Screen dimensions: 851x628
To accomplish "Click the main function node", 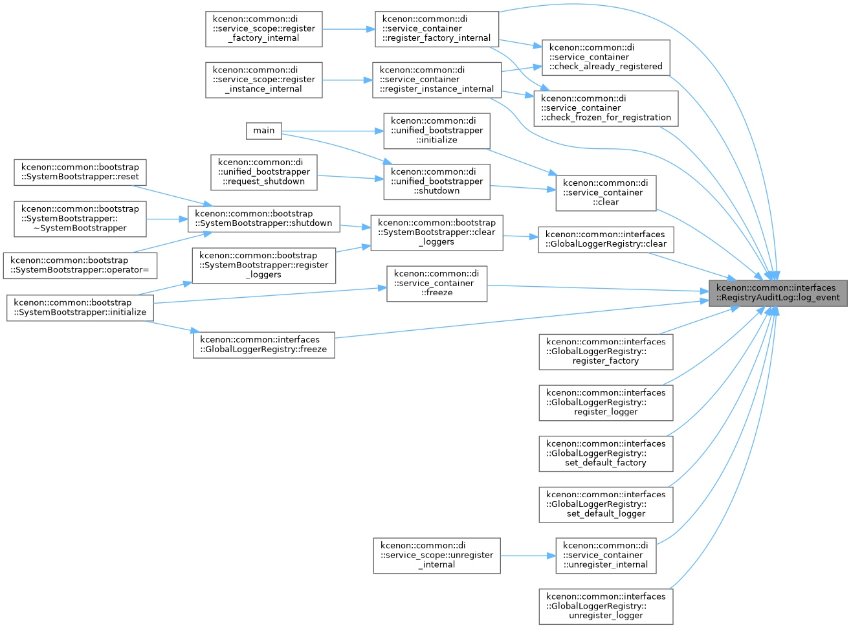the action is pyautogui.click(x=264, y=131).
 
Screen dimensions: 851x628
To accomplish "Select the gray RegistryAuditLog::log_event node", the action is pyautogui.click(x=778, y=293).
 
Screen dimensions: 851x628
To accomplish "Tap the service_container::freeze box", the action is pyautogui.click(x=437, y=284).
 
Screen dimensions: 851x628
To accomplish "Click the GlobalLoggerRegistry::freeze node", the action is pyautogui.click(x=264, y=345).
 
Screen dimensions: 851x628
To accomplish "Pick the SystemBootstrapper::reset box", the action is pyautogui.click(x=80, y=173).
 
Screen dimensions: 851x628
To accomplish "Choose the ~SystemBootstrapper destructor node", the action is pyautogui.click(x=80, y=219).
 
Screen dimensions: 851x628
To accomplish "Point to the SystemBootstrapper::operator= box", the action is pyautogui.click(x=80, y=265).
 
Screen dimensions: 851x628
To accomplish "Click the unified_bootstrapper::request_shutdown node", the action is pyautogui.click(x=264, y=173).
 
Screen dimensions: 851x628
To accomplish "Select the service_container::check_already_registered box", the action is pyautogui.click(x=606, y=58).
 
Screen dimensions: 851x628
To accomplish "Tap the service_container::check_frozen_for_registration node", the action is pyautogui.click(x=606, y=109).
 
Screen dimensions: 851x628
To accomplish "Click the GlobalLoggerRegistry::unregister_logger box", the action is pyautogui.click(x=606, y=607).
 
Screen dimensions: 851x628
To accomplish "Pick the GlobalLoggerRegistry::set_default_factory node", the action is pyautogui.click(x=606, y=454).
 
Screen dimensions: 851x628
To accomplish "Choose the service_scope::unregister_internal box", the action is pyautogui.click(x=437, y=555).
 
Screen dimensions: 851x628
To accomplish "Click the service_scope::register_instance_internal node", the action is pyautogui.click(x=264, y=80).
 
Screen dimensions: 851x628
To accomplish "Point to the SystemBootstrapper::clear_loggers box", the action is pyautogui.click(x=437, y=233).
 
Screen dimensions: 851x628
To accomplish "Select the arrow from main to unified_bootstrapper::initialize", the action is pyautogui.click(x=333, y=131).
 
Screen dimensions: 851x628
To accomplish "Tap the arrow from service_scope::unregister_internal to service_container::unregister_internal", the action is pyautogui.click(x=528, y=555).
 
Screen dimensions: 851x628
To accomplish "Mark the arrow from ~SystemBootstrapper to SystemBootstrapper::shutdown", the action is pyautogui.click(x=167, y=219).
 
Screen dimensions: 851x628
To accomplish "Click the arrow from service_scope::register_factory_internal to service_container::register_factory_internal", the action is pyautogui.click(x=349, y=29).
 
